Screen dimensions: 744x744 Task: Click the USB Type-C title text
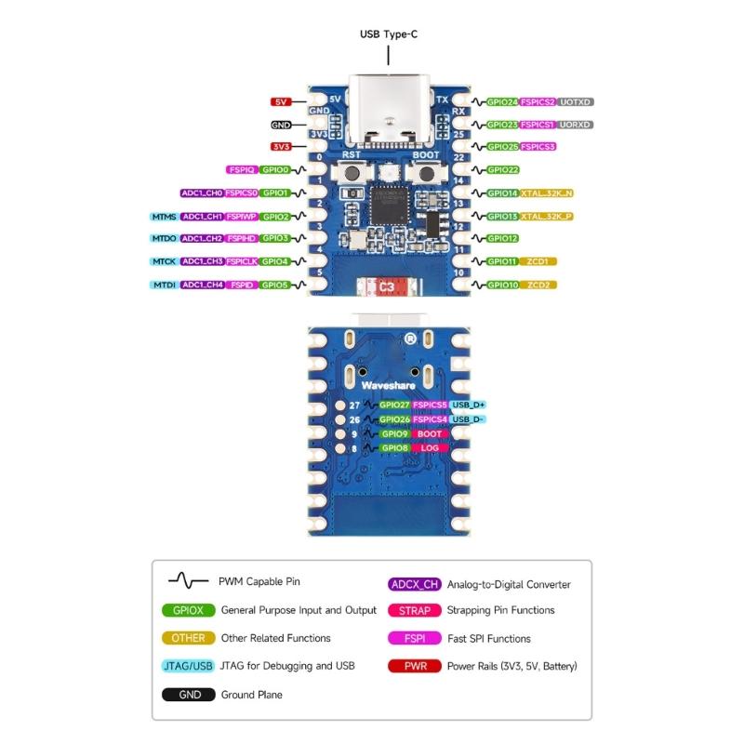click(389, 34)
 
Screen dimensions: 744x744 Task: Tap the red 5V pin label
click(281, 101)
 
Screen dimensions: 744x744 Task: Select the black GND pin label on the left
click(281, 125)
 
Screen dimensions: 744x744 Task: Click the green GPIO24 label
click(502, 101)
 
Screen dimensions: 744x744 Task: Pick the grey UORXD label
click(576, 125)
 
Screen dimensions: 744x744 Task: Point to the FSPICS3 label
click(538, 147)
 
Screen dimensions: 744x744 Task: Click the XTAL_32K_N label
click(546, 193)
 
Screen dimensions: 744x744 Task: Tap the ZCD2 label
click(538, 285)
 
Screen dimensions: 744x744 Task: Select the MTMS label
click(164, 216)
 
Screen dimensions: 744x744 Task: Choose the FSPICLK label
click(242, 262)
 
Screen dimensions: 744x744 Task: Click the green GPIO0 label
click(276, 170)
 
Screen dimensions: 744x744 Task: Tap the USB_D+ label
click(469, 405)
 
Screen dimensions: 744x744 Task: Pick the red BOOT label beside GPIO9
click(430, 433)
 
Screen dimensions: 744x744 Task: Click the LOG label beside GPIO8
click(430, 448)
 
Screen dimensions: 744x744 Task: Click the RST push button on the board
click(352, 173)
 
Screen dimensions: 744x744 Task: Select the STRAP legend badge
click(415, 611)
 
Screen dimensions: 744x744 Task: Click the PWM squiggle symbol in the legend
click(188, 582)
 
